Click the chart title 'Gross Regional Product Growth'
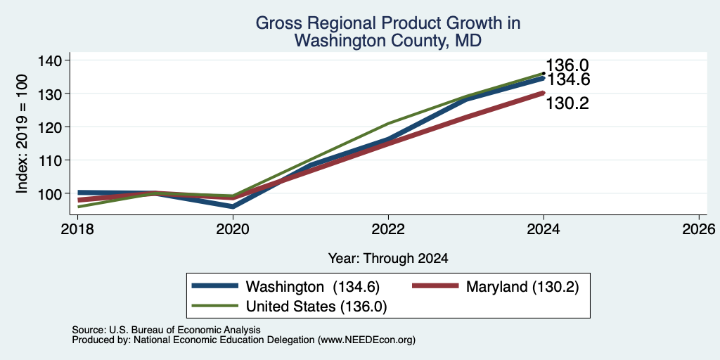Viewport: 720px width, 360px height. click(387, 23)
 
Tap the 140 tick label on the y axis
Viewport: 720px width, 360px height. click(52, 60)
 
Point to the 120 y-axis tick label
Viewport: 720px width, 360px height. click(52, 127)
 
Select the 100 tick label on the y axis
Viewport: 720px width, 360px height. click(52, 193)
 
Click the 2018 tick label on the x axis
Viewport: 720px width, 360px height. click(77, 229)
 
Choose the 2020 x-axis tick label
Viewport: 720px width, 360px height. click(233, 229)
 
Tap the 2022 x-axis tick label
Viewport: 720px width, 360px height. click(388, 229)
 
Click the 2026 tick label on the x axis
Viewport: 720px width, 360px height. click(700, 229)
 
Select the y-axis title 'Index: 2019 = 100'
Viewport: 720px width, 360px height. click(22, 134)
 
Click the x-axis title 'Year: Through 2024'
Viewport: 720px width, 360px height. click(388, 259)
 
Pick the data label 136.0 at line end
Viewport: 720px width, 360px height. click(567, 65)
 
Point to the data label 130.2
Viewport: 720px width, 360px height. click(567, 103)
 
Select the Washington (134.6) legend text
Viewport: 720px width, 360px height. click(313, 287)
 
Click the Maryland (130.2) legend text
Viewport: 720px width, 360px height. click(522, 287)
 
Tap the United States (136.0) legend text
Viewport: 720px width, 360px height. click(316, 307)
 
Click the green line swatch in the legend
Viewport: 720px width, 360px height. click(215, 306)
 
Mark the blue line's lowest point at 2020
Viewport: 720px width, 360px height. click(233, 207)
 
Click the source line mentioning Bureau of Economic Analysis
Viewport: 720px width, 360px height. click(166, 330)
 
